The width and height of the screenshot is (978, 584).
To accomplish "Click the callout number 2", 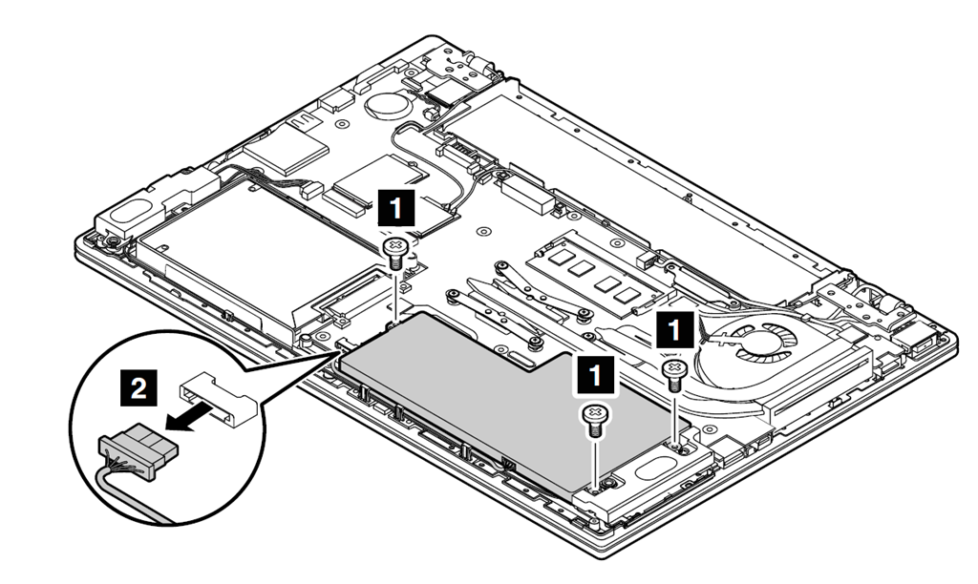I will pos(139,387).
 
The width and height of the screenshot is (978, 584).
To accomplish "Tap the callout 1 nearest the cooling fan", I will pos(675,332).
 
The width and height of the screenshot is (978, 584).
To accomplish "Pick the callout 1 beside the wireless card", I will pos(398,205).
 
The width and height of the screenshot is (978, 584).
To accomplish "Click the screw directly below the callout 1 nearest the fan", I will pos(675,372).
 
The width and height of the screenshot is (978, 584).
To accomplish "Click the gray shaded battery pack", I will pos(497,401).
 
